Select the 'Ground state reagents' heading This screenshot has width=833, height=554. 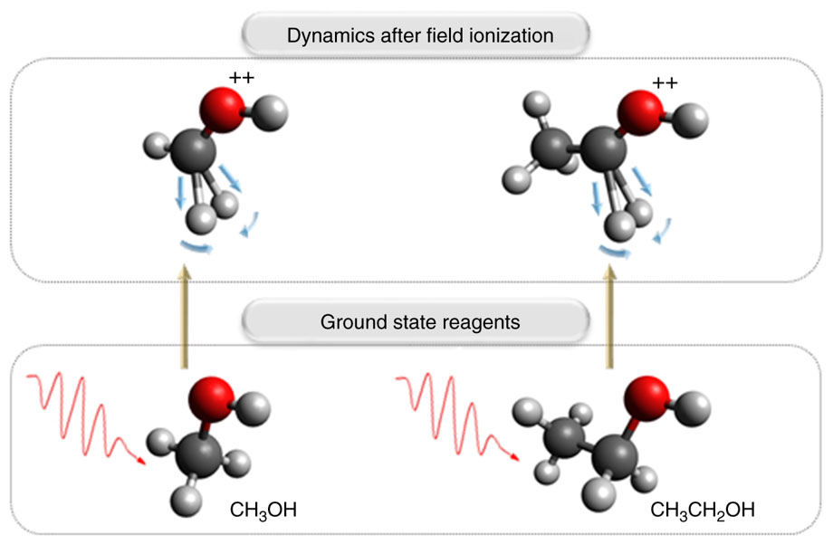419,321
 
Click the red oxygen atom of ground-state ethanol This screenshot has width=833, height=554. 646,396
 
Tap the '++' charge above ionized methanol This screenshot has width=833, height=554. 242,79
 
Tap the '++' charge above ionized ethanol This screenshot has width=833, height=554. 665,84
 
